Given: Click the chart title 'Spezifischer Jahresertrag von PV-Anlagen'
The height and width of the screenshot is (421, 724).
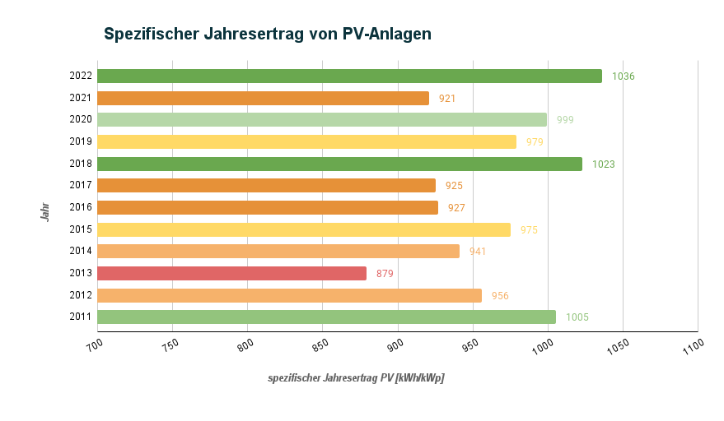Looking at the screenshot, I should pyautogui.click(x=268, y=34).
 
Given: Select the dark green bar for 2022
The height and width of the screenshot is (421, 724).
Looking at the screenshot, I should pyautogui.click(x=349, y=76).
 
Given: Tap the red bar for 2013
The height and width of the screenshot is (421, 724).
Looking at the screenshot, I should pyautogui.click(x=231, y=273).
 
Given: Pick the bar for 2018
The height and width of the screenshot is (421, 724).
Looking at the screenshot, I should pyautogui.click(x=339, y=164).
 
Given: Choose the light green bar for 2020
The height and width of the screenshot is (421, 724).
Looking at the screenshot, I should pyautogui.click(x=322, y=119).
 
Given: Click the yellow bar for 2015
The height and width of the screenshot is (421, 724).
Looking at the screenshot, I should pyautogui.click(x=304, y=229).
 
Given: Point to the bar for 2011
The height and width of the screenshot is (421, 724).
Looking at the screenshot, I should pyautogui.click(x=326, y=317).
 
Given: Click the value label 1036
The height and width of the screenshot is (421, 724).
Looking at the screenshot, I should pyautogui.click(x=624, y=76).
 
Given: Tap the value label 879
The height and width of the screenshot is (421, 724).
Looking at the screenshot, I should pyautogui.click(x=385, y=274).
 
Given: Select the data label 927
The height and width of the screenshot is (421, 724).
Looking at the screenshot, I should pyautogui.click(x=456, y=208).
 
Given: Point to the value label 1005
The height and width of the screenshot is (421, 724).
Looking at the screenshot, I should pyautogui.click(x=577, y=317).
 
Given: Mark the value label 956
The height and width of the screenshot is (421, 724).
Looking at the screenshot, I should pyautogui.click(x=500, y=295).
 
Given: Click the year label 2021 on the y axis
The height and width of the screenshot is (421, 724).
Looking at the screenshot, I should pyautogui.click(x=81, y=98).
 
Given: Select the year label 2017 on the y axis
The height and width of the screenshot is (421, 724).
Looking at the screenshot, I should pyautogui.click(x=81, y=186).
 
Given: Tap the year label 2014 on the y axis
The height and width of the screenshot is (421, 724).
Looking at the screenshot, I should pyautogui.click(x=81, y=252).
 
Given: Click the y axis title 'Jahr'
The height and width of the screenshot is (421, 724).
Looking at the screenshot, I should pyautogui.click(x=46, y=211).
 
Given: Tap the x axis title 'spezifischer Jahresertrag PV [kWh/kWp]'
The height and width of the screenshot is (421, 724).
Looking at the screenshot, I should pyautogui.click(x=356, y=378).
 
